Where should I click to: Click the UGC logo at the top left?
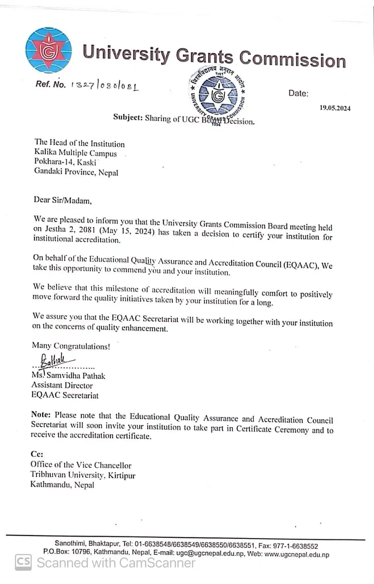(48, 50)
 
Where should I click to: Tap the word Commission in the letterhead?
(292, 59)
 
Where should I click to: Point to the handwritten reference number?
(105, 85)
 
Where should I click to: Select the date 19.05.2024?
(335, 108)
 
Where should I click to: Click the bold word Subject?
(128, 117)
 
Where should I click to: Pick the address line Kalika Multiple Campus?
(75, 153)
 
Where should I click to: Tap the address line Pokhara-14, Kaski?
(65, 162)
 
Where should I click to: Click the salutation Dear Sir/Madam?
(63, 200)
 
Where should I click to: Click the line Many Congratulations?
(71, 346)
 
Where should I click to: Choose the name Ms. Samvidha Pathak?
(68, 376)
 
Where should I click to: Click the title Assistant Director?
(62, 385)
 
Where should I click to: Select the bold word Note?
(41, 415)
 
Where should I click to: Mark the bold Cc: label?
(37, 454)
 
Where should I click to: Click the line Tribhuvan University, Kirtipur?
(83, 475)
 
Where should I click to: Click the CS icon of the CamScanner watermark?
(23, 562)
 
